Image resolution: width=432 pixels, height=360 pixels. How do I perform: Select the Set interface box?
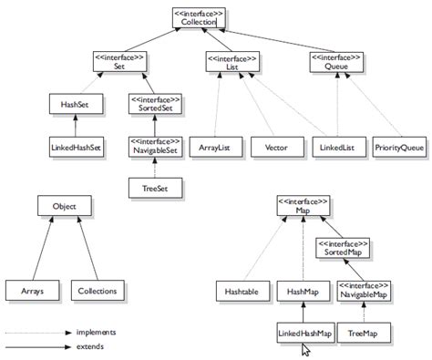[x=120, y=60]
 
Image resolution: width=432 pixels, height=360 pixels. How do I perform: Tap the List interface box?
[x=231, y=60]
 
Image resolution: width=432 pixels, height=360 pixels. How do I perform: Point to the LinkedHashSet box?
[x=76, y=145]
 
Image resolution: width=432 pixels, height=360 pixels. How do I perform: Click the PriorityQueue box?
[x=398, y=145]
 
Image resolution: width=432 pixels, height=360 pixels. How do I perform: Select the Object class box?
[x=65, y=207]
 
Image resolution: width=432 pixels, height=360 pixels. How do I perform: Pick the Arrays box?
[x=30, y=291]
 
